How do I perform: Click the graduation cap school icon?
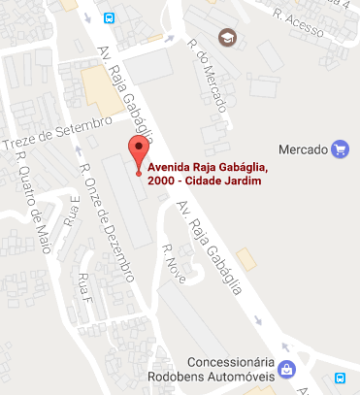click(227, 38)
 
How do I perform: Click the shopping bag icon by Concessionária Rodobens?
click(287, 369)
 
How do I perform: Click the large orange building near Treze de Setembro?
click(98, 92)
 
